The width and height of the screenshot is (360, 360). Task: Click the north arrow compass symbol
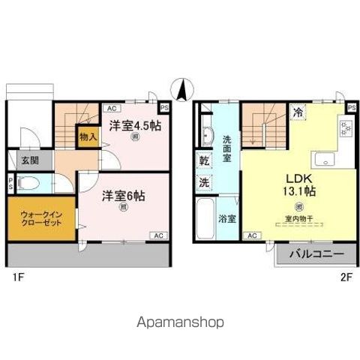point(180,90)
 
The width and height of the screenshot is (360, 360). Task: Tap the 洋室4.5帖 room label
point(134,125)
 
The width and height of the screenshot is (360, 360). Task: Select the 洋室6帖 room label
point(123,196)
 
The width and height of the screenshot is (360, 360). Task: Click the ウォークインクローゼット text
point(41,219)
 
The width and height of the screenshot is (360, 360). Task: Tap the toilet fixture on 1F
point(28,183)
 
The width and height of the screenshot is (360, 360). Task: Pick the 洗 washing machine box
point(204,181)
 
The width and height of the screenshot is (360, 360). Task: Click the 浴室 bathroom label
point(227,220)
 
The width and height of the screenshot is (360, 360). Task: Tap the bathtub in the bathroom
point(205,220)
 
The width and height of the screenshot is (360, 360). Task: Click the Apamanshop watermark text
point(180,322)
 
